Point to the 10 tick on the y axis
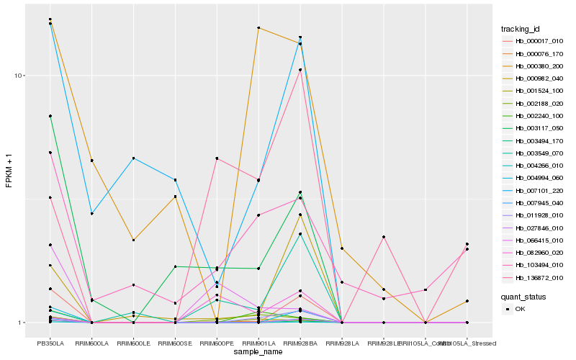click(x=20, y=76)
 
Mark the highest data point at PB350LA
click(x=50, y=19)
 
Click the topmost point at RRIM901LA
click(x=258, y=28)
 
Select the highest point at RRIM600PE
click(x=217, y=158)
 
